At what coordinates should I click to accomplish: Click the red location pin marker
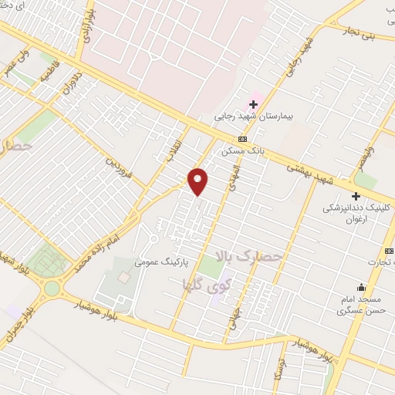198,181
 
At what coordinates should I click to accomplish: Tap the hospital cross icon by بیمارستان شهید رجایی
253,103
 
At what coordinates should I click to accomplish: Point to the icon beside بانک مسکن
243,139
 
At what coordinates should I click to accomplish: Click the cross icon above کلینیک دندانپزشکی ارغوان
356,196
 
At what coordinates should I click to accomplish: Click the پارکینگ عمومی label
157,262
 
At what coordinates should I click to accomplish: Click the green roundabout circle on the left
52,288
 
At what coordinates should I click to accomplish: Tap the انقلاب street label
169,147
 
